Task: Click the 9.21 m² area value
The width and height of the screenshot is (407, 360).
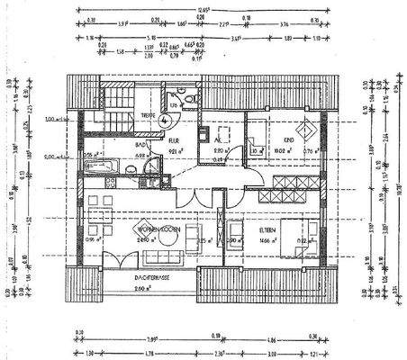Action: [x=176, y=153]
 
